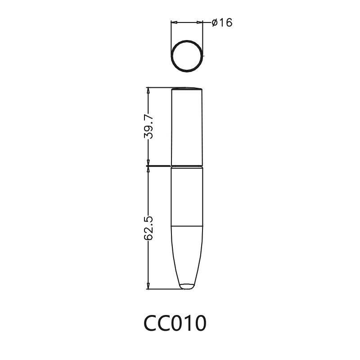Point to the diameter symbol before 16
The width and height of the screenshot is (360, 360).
214,22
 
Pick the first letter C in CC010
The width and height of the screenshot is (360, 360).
152,323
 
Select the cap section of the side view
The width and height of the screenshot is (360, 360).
187,126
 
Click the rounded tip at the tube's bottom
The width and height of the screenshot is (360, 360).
187,286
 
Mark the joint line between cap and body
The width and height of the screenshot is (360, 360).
187,166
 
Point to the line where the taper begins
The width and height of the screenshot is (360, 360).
187,225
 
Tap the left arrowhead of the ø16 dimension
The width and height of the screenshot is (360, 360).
175,22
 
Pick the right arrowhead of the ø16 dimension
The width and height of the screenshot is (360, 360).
200,22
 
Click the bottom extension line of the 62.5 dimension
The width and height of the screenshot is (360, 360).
162,288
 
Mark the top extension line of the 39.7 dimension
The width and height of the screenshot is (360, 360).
160,87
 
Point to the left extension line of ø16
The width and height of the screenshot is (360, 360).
171,36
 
